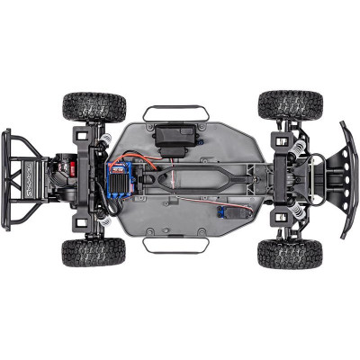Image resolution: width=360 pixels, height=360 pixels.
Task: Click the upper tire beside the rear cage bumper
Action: point(94,106)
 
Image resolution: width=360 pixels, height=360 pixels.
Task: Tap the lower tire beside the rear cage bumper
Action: point(94,252)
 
